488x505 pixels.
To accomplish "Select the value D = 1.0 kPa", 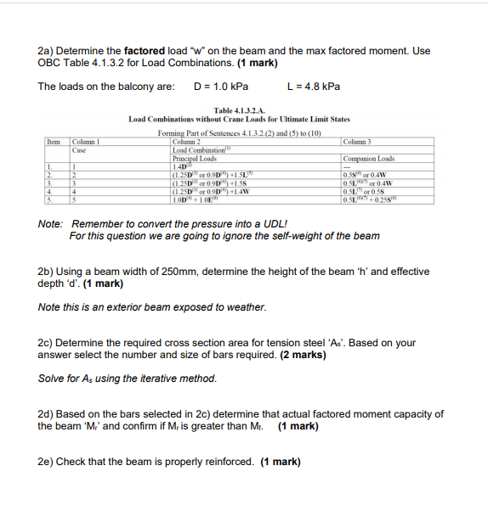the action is coord(221,87).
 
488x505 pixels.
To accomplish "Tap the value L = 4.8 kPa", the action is coord(315,87).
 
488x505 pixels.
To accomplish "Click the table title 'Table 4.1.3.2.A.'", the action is coord(239,110).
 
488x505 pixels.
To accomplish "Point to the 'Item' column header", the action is coord(55,141).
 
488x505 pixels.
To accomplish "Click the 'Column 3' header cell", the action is coord(359,141).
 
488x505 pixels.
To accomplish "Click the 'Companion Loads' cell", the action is coord(367,159).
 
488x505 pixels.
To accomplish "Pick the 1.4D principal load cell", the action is coord(185,166).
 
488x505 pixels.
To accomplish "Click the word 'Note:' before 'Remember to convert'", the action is coord(51,224).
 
